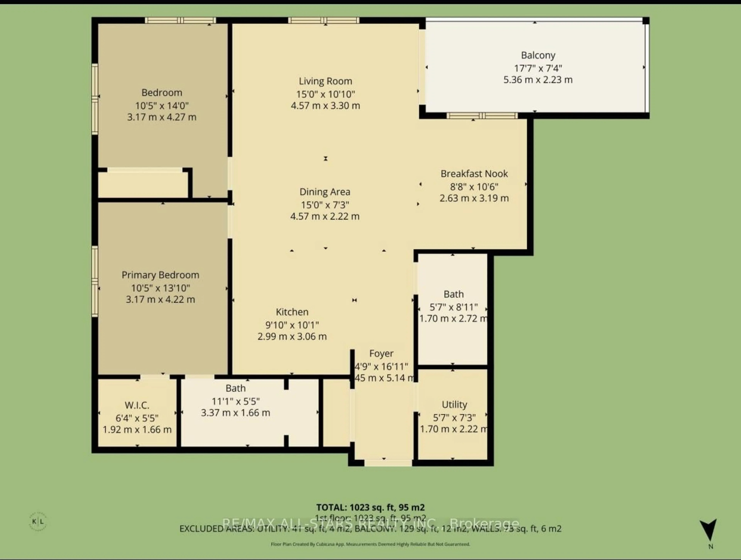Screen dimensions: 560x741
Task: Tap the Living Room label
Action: (325, 81)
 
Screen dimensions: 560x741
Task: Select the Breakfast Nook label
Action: (474, 174)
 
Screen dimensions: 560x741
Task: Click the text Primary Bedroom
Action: (160, 275)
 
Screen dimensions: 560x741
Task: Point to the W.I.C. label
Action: (137, 405)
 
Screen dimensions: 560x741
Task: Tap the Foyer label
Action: (381, 353)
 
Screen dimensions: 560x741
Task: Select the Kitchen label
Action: (292, 312)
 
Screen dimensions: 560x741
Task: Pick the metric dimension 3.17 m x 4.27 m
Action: (162, 117)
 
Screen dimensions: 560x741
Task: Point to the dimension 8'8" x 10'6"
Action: (474, 187)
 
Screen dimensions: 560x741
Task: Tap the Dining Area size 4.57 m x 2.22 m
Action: (325, 216)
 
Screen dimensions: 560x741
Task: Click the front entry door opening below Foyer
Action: (388, 463)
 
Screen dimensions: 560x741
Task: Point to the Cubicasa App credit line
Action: (370, 544)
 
